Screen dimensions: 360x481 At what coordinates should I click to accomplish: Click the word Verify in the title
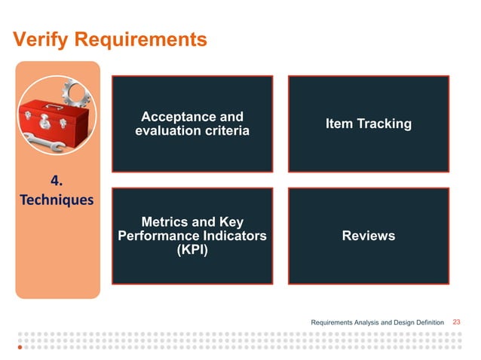point(39,39)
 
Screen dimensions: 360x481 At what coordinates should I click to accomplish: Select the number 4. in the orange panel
point(57,182)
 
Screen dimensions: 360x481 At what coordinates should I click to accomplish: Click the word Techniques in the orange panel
point(57,200)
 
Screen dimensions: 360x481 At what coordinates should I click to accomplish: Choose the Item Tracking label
point(368,124)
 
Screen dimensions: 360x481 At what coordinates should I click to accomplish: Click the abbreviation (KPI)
point(192,250)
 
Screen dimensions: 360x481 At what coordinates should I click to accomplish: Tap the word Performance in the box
point(157,236)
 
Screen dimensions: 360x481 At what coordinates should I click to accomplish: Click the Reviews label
point(368,236)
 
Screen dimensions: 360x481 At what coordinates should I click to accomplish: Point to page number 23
point(456,322)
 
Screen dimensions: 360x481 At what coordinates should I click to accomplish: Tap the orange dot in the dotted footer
point(20,348)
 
